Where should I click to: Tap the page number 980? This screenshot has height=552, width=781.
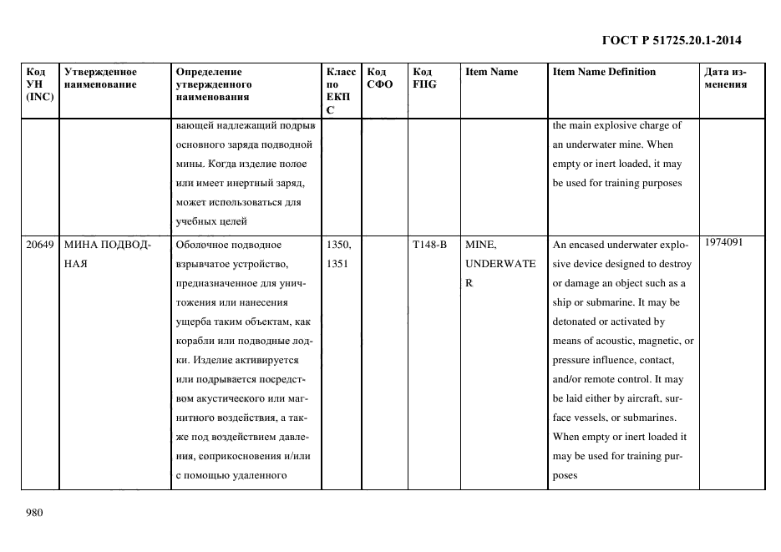(x=34, y=513)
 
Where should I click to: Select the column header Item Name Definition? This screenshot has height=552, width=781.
(x=604, y=72)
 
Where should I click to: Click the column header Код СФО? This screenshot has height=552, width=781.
(x=379, y=78)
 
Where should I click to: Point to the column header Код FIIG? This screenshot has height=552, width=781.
(x=424, y=78)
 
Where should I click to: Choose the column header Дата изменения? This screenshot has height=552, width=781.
(x=725, y=78)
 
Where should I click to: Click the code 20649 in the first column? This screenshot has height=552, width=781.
(x=40, y=246)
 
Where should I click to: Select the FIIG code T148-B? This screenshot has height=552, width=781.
(x=429, y=246)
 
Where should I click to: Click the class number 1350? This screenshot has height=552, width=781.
(x=339, y=246)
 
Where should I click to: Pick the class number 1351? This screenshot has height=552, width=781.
(x=337, y=264)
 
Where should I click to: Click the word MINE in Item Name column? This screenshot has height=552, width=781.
(x=480, y=246)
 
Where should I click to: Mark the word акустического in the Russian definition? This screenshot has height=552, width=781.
(x=224, y=399)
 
